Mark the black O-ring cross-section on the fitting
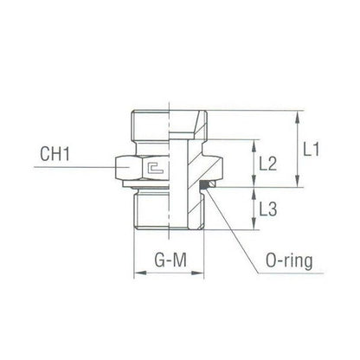tap(209, 184)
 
